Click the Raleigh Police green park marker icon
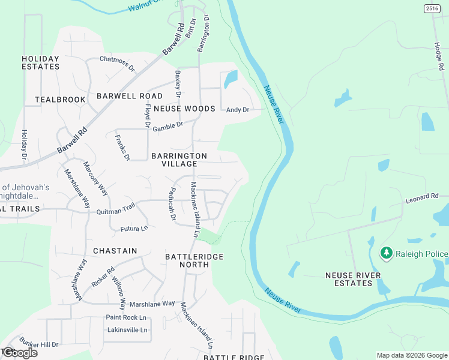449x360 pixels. [x=387, y=254]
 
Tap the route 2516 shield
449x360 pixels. [x=432, y=8]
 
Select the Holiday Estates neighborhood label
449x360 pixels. [x=41, y=62]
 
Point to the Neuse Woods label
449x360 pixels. [x=184, y=109]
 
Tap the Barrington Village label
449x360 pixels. [x=179, y=160]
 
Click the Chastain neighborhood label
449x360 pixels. [x=115, y=250]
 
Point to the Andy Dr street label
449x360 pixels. [x=237, y=110]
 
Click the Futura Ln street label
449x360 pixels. [x=134, y=229]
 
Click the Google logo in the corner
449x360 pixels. [x=19, y=353]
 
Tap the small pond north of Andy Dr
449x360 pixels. [x=230, y=79]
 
